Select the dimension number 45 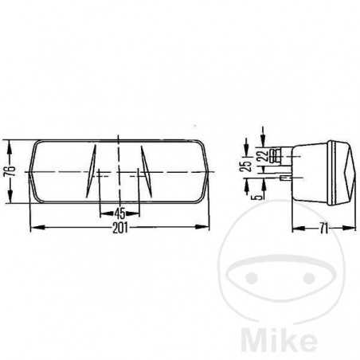click(119, 213)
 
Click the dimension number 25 click(246, 166)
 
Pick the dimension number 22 click(263, 160)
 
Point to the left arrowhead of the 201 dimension click(33, 227)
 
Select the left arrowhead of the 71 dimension click(295, 228)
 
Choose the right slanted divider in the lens click(144, 164)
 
